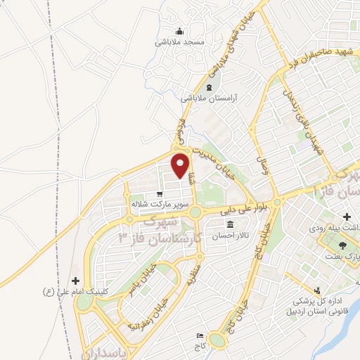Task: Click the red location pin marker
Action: click(181, 165)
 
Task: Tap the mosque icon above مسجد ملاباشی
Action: click(180, 31)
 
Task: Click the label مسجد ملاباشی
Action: click(180, 42)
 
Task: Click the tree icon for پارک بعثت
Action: click(342, 245)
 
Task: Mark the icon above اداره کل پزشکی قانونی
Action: click(318, 289)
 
